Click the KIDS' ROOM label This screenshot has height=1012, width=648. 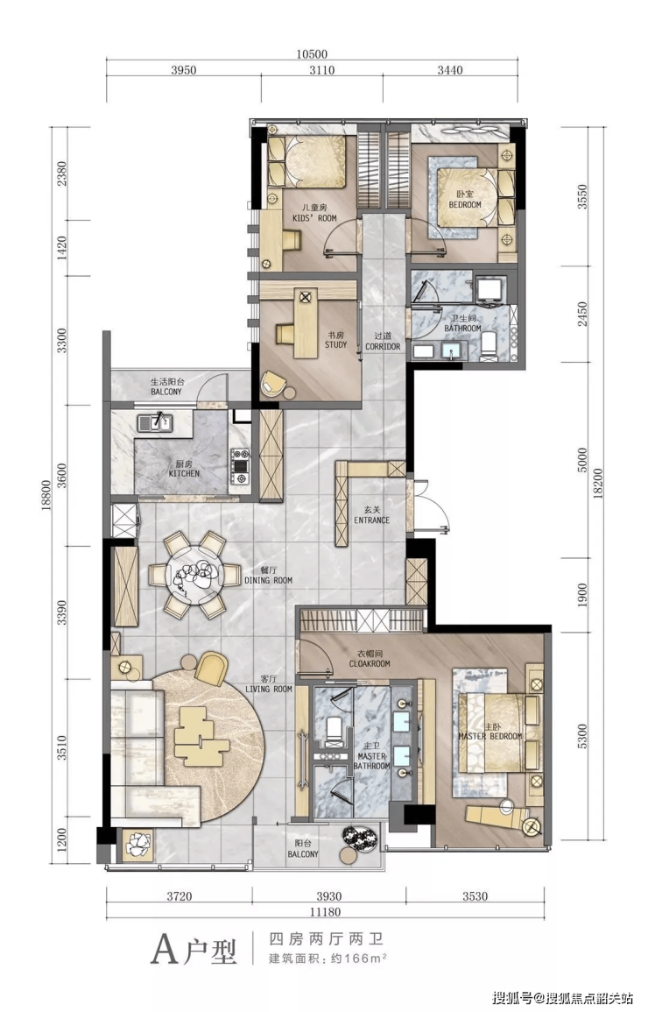click(314, 213)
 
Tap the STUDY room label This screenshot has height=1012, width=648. click(336, 340)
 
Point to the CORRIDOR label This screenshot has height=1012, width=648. click(383, 342)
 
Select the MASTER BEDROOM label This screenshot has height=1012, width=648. click(490, 732)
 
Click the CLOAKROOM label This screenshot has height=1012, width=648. click(370, 658)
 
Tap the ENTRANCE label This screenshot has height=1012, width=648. click(371, 515)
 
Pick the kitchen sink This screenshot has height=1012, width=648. click(155, 422)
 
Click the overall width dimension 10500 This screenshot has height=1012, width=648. click(312, 55)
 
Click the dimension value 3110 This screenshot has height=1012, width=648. click(321, 70)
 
